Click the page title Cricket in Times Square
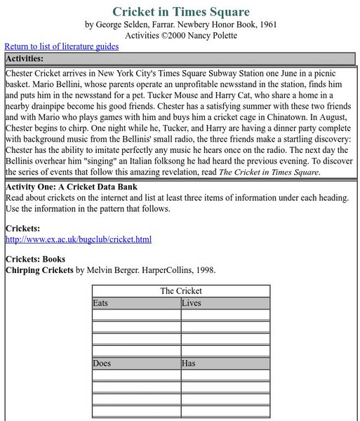(x=180, y=11)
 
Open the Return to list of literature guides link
(x=62, y=46)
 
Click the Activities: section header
(x=25, y=58)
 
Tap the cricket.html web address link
(x=79, y=239)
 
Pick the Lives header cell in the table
(x=191, y=303)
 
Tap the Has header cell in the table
(x=189, y=363)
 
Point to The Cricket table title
(x=180, y=290)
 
